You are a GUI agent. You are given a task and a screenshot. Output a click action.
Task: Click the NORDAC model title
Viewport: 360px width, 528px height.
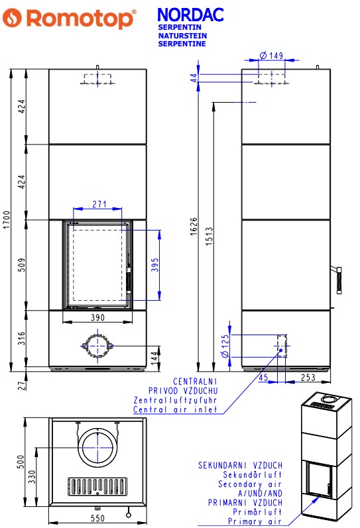(190, 15)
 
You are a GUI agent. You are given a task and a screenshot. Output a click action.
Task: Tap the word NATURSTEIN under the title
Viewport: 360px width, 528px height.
(182, 36)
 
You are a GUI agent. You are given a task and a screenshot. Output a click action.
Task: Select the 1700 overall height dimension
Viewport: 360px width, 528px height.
(7, 220)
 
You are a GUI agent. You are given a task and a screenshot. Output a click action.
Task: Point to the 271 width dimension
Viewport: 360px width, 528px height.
(99, 204)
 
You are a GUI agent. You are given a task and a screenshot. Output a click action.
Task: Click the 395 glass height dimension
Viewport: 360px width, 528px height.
(154, 265)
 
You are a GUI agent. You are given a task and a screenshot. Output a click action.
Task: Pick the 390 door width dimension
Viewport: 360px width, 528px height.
(97, 317)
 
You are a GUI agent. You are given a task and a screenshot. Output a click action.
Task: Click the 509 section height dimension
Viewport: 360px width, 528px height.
(21, 265)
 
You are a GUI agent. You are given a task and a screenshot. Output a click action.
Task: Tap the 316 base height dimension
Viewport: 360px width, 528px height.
(21, 339)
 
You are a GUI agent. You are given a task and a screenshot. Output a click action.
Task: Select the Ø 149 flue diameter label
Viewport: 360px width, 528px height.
(271, 55)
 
